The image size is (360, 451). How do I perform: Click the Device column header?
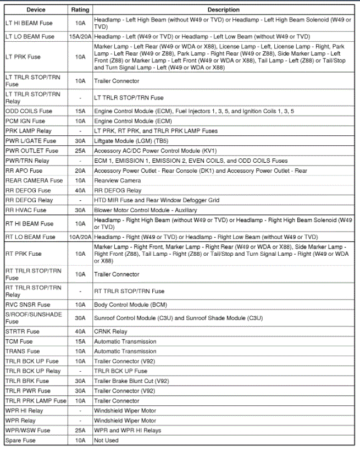[x=36, y=10]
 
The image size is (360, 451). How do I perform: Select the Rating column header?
[x=80, y=10]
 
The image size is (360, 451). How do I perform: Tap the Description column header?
[x=223, y=10]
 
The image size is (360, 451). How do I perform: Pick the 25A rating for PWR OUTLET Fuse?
[x=80, y=151]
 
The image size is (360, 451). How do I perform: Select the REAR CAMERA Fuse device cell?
[x=34, y=180]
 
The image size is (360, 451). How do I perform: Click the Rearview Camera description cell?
[x=117, y=180]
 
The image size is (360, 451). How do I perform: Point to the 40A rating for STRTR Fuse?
[x=80, y=331]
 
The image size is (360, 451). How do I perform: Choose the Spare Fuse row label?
[x=21, y=441]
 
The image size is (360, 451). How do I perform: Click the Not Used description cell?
[x=106, y=441]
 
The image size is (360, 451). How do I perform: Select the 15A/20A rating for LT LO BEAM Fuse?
[x=80, y=36]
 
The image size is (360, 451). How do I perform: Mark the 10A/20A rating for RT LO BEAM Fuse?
[x=80, y=237]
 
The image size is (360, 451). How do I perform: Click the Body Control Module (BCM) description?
[x=130, y=304]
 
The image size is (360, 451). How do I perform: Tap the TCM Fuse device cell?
[x=19, y=341]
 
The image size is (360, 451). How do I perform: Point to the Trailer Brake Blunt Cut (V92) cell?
[x=131, y=381]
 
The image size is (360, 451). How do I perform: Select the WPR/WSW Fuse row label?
[x=27, y=430]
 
